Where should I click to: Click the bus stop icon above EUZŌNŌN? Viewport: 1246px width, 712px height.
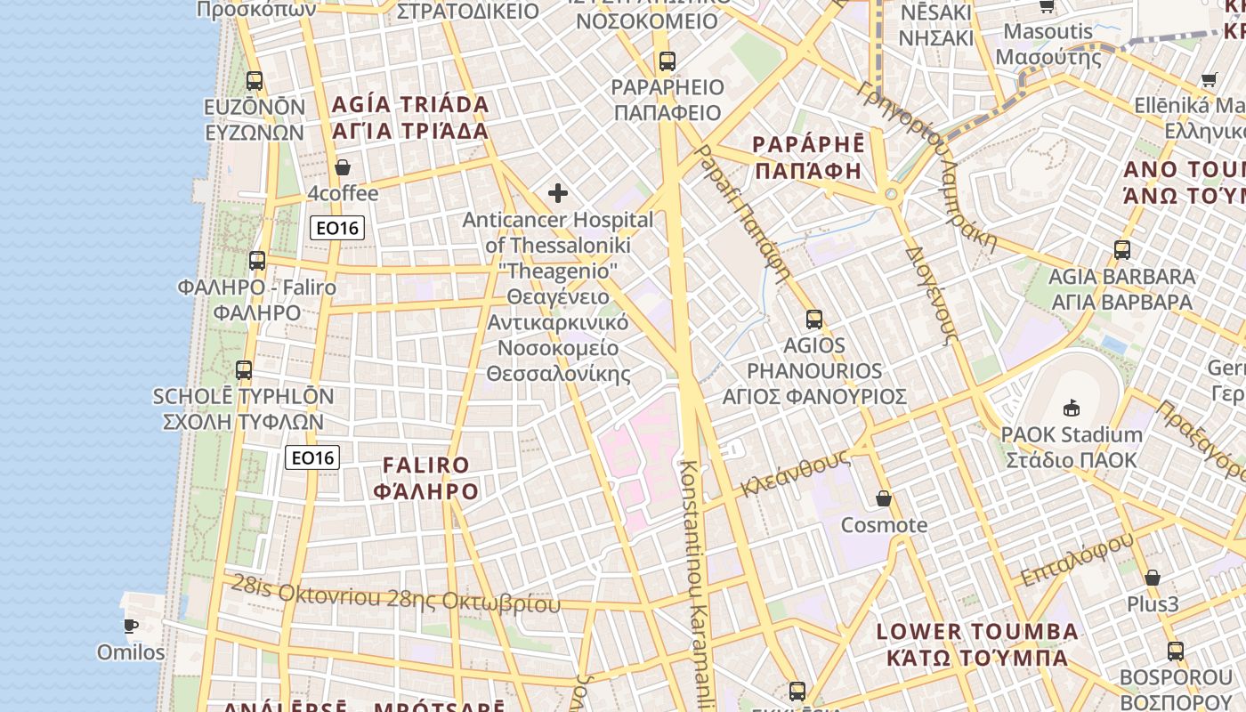point(255,81)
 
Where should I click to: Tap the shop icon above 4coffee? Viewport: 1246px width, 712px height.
point(343,167)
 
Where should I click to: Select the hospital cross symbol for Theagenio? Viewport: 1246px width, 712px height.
point(558,192)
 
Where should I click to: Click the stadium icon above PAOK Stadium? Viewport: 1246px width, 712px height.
point(1072,409)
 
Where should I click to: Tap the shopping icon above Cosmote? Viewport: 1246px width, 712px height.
point(884,498)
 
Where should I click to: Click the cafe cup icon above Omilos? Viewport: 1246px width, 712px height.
point(131,626)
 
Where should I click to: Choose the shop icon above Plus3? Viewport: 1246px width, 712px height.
point(1153,578)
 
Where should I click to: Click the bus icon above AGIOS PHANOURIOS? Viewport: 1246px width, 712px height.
point(813,320)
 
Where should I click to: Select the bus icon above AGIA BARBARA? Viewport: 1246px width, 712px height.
point(1122,250)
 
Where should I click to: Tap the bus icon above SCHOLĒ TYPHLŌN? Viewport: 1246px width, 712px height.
point(244,370)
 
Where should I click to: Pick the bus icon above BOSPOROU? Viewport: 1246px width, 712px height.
point(1176,651)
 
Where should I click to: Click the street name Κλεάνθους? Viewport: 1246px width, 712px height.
point(795,474)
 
